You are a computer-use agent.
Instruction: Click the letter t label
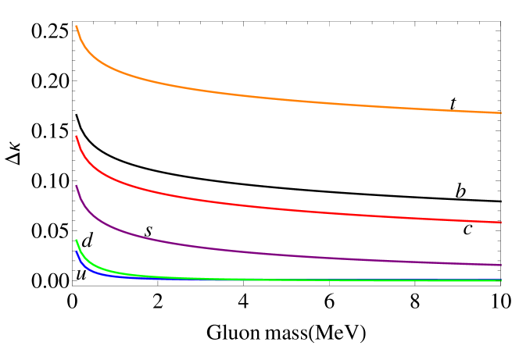pyautogui.click(x=453, y=102)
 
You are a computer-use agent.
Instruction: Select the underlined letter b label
pyautogui.click(x=461, y=190)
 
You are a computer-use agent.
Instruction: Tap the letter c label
pyautogui.click(x=468, y=228)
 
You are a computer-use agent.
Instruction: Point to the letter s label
pyautogui.click(x=149, y=230)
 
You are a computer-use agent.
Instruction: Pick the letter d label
pyautogui.click(x=88, y=241)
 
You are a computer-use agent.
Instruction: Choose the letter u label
pyautogui.click(x=81, y=273)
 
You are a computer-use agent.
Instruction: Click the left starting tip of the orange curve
pyautogui.click(x=76, y=26)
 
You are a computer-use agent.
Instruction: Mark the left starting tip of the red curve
pyautogui.click(x=76, y=137)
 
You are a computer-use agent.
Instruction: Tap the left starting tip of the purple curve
pyautogui.click(x=76, y=186)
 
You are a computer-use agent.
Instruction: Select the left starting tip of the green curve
pyautogui.click(x=76, y=240)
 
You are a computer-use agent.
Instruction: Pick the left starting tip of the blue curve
pyautogui.click(x=76, y=251)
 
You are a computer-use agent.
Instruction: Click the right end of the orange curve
pyautogui.click(x=500, y=113)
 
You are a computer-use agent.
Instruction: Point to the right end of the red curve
pyautogui.click(x=500, y=223)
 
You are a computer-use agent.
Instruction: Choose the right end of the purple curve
pyautogui.click(x=500, y=265)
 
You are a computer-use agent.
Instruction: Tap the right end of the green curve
pyautogui.click(x=500, y=280)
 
